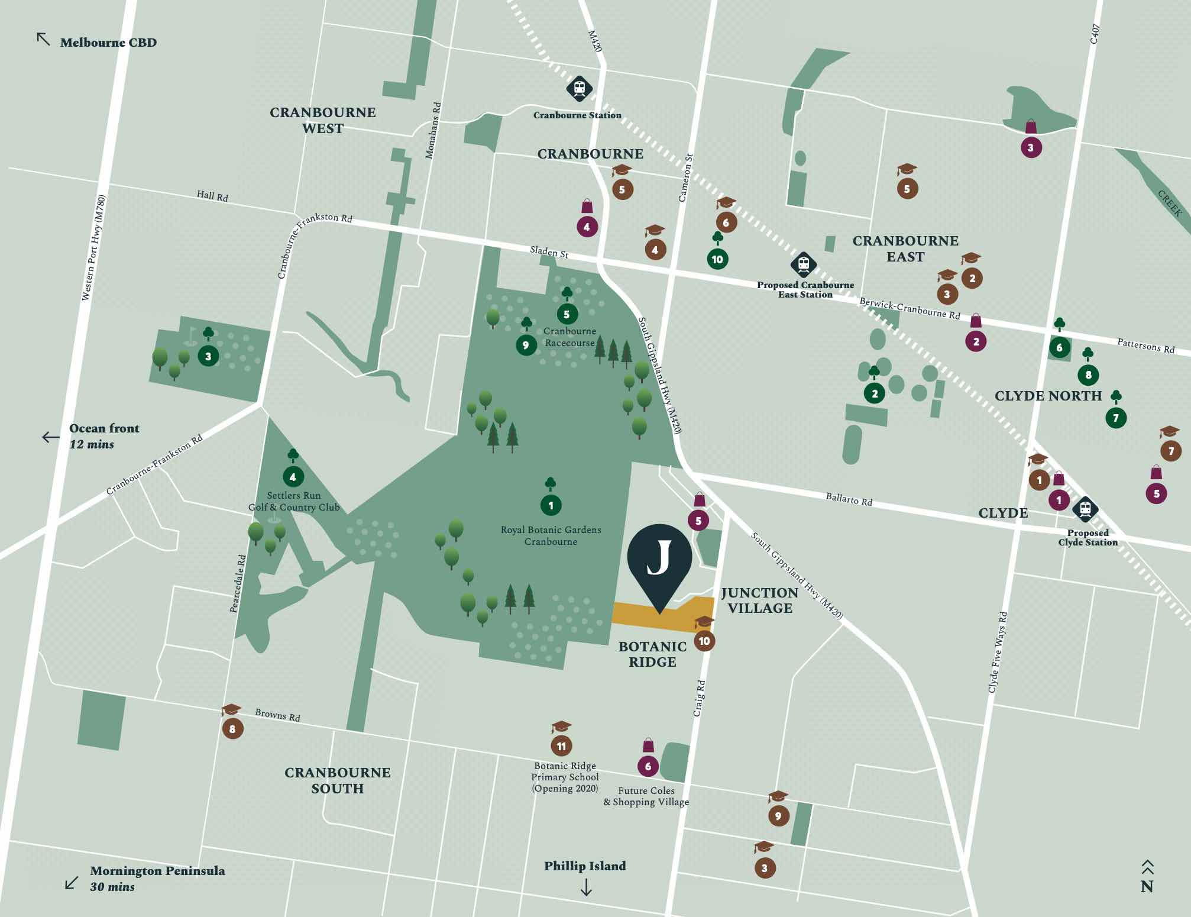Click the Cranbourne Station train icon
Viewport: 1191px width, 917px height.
(579, 89)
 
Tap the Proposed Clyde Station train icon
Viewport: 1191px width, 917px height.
(1085, 509)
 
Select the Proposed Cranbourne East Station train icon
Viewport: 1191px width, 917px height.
(803, 264)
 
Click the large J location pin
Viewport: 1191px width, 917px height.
(659, 559)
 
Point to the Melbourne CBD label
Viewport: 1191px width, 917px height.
(108, 43)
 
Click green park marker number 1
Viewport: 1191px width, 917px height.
(551, 505)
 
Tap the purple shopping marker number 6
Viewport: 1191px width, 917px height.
(648, 766)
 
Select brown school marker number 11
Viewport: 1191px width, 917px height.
(561, 746)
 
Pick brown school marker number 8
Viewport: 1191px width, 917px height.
(232, 729)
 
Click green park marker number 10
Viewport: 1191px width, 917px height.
(717, 259)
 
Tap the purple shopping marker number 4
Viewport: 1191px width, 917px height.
(587, 227)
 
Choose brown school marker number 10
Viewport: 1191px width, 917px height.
(704, 641)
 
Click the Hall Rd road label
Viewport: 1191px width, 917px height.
(212, 196)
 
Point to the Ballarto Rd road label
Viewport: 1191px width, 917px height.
(849, 500)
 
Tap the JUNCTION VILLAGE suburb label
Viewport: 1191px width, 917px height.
(759, 600)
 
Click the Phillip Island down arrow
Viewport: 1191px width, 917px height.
(585, 887)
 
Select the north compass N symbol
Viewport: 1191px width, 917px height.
(1147, 886)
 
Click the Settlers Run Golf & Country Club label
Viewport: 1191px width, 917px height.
(294, 502)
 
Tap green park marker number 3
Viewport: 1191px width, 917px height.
(208, 356)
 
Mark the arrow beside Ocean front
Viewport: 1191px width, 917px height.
(51, 437)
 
